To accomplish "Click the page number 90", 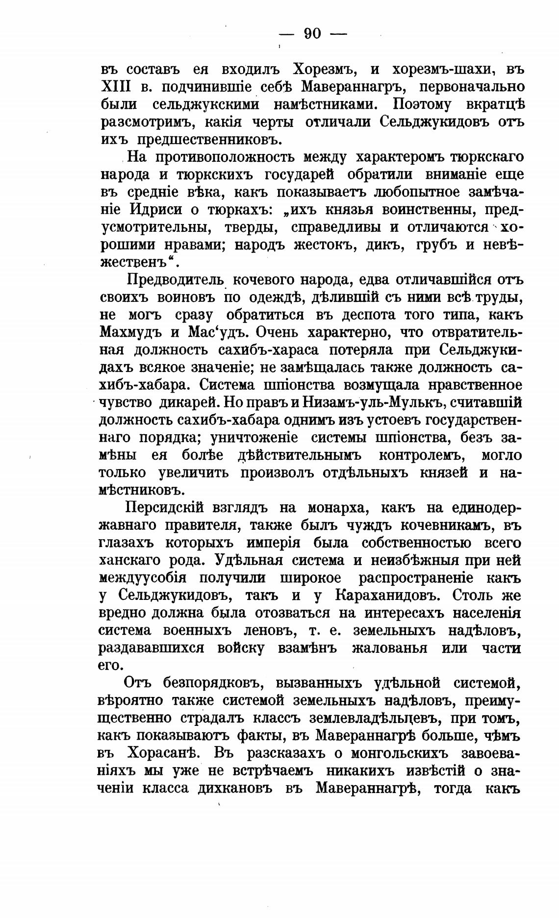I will point(312,33).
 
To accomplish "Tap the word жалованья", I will point(389,648).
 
